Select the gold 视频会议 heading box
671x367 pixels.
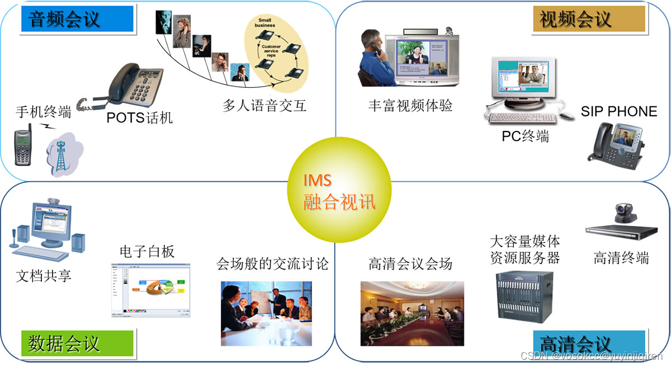[588, 20]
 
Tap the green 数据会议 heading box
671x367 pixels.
[77, 342]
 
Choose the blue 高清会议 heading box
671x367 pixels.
[589, 343]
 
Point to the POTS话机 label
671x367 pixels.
[140, 118]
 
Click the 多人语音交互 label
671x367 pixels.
[264, 105]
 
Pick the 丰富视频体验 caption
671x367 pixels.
[410, 105]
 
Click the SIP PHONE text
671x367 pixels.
[618, 111]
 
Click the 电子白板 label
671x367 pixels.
[147, 251]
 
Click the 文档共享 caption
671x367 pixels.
[44, 275]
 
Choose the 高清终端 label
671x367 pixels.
[621, 258]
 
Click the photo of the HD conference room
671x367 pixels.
[412, 313]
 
